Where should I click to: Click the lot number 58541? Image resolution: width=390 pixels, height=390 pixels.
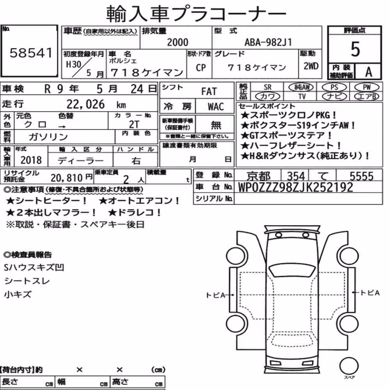[x=31, y=53]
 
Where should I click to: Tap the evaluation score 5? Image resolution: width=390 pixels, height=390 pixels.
[x=355, y=49]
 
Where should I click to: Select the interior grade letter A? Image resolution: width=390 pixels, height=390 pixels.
[x=369, y=72]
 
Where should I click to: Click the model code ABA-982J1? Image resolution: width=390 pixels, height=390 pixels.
[x=268, y=42]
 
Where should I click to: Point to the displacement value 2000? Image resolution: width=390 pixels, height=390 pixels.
[x=177, y=42]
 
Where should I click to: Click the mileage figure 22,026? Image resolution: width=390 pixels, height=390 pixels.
[x=85, y=104]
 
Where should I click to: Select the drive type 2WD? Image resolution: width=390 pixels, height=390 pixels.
[x=311, y=66]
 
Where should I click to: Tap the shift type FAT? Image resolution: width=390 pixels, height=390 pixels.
[x=209, y=91]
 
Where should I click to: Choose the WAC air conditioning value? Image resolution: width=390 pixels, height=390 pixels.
[x=216, y=107]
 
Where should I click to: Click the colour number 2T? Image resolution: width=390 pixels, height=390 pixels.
[x=134, y=124]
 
